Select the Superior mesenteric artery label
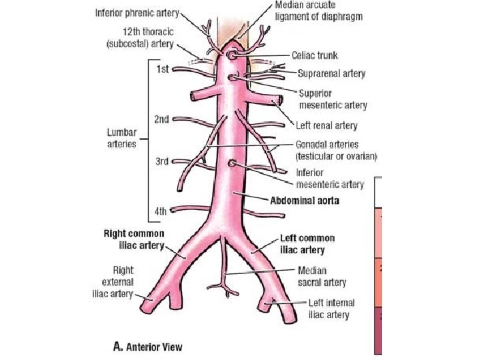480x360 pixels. pos(332,99)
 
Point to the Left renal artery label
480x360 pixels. pos(327,125)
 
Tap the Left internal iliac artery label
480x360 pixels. pos(329,309)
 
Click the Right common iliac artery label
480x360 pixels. pos(134,239)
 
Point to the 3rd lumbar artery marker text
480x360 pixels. pos(161,162)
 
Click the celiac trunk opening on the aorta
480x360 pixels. pos(231,55)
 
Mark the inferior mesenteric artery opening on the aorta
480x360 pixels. pos(231,163)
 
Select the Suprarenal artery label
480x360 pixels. pos(331,73)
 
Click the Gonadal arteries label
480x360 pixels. pos(336,151)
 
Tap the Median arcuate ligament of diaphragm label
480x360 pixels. pos(319,11)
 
